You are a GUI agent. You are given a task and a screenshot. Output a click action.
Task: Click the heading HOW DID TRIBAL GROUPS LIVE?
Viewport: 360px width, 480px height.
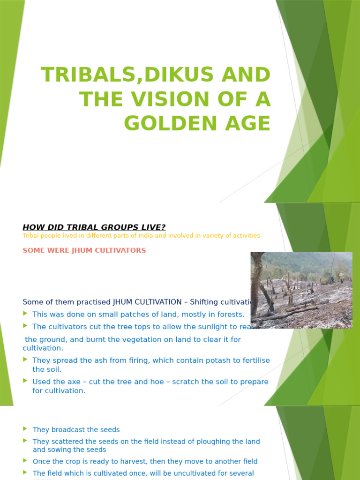[94, 227]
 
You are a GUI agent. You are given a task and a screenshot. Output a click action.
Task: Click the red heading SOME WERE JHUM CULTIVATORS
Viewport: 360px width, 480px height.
[84, 250]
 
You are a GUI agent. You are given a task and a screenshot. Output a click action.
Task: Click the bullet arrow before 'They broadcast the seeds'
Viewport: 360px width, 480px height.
[25, 429]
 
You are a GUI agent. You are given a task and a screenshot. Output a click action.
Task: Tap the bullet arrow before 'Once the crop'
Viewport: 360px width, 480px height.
[25, 461]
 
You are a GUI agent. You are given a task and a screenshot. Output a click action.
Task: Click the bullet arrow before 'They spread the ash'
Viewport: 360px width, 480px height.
[25, 360]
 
